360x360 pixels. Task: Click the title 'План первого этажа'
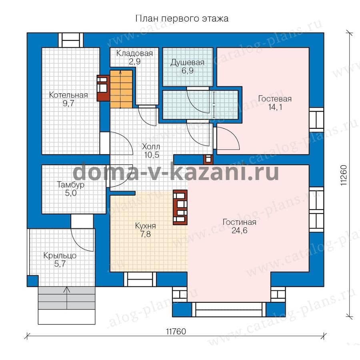pos(182,18)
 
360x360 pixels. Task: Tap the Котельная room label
pos(68,95)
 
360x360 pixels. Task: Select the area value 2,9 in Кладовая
pos(134,62)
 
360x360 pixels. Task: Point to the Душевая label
pos(187,63)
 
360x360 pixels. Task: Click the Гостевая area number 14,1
pos(275,107)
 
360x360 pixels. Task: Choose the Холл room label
pos(151,146)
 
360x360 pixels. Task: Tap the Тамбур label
pos(71,184)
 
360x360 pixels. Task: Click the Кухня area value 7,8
pos(146,234)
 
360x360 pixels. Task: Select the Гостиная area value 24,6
pos(240,230)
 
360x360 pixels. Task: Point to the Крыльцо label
pos(60,256)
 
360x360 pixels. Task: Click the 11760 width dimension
pos(176,332)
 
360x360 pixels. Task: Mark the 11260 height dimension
pos(344,176)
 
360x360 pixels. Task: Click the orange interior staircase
pos(121,89)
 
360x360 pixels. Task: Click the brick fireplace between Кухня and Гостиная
pos(180,207)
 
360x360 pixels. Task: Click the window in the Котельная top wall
pos(70,40)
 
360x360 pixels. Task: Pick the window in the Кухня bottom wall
pos(140,279)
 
